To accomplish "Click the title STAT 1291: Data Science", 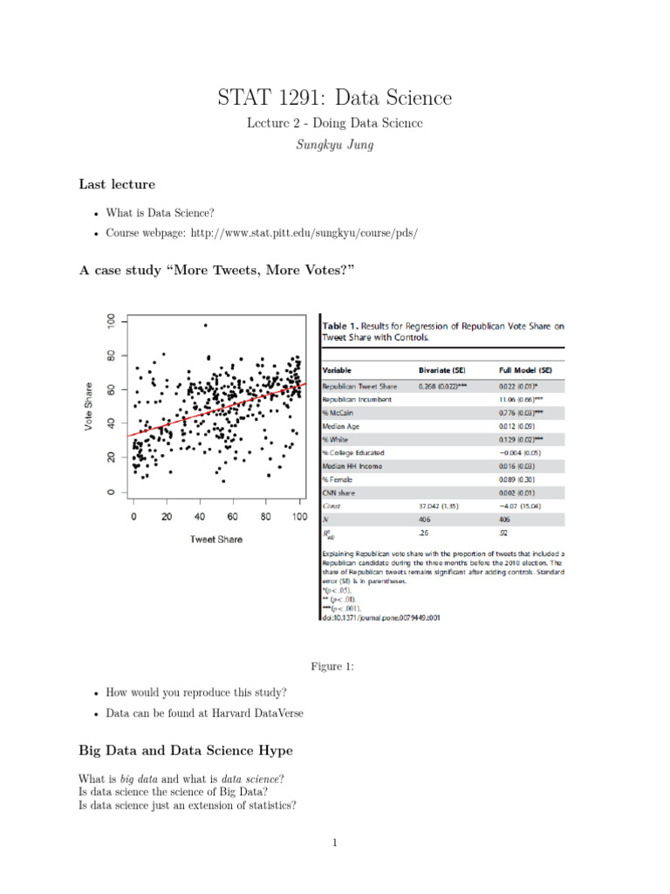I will coord(335,98).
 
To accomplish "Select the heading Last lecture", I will coord(117,184).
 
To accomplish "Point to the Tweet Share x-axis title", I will coord(215,540).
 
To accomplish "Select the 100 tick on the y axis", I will coord(111,322).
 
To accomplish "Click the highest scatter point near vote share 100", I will coord(205,326).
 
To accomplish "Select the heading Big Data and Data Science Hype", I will coord(186,751).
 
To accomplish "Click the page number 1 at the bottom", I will coord(334,842).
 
